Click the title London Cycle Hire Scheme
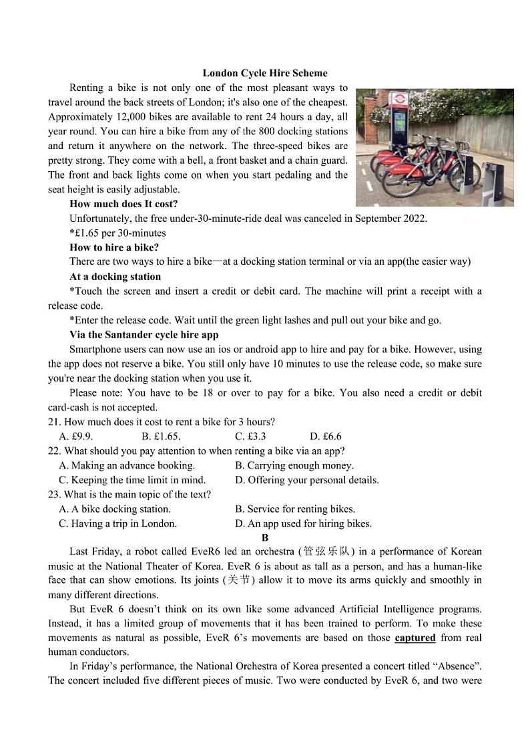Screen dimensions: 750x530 265,73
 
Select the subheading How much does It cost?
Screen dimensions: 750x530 123,204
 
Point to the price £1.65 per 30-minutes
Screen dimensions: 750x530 117,233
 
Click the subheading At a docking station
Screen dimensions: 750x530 115,277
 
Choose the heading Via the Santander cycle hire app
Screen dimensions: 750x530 144,335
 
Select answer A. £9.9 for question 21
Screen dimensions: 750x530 75,436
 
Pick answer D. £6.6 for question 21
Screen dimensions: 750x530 325,436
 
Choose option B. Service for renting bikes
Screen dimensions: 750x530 295,509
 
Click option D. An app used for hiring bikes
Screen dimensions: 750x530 303,524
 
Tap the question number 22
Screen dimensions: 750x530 54,451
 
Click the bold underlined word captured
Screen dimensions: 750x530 415,638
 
